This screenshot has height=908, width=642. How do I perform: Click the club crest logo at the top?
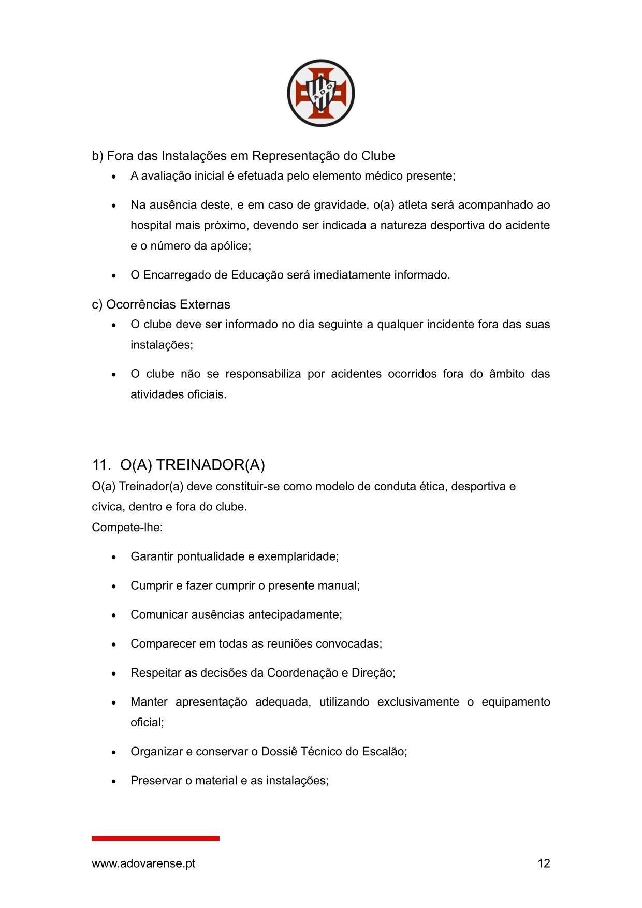click(x=320, y=93)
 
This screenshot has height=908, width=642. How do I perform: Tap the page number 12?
click(x=544, y=863)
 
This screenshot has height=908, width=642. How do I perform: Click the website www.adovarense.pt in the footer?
click(x=143, y=863)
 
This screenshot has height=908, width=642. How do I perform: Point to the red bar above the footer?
click(x=155, y=838)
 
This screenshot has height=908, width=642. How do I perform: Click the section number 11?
click(x=100, y=465)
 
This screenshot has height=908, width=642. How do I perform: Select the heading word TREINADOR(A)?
click(x=210, y=465)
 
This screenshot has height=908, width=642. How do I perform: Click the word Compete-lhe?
click(x=127, y=527)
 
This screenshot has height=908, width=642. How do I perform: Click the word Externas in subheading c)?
click(x=205, y=304)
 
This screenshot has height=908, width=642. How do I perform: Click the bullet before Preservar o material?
click(x=114, y=781)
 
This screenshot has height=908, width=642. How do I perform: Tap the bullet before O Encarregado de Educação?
click(x=114, y=275)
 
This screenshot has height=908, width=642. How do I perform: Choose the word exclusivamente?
click(x=418, y=702)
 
